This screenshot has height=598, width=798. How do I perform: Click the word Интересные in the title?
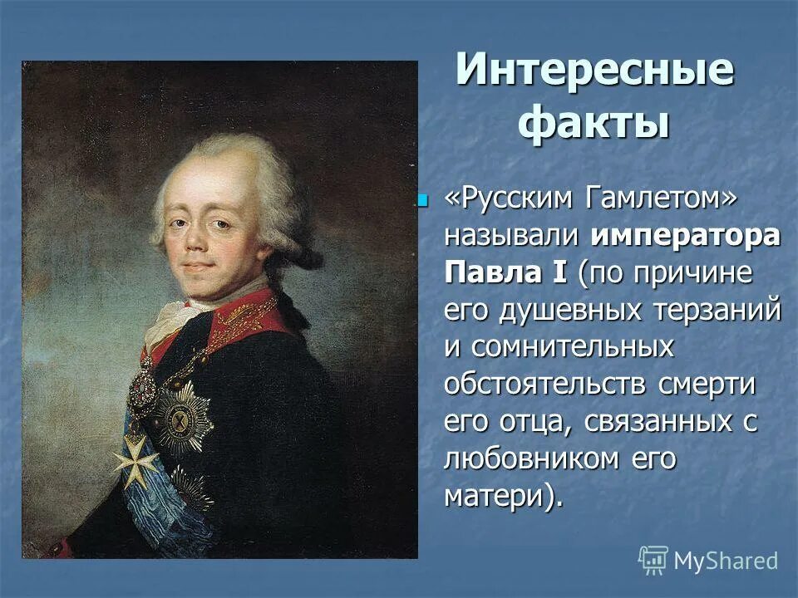[594, 70]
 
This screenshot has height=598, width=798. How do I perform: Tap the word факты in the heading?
[594, 124]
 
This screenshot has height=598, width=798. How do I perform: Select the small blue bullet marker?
[422, 200]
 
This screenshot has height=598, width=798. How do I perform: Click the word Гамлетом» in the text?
[652, 198]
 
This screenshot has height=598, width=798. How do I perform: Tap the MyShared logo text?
[726, 561]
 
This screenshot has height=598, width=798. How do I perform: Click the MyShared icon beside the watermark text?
[653, 561]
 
